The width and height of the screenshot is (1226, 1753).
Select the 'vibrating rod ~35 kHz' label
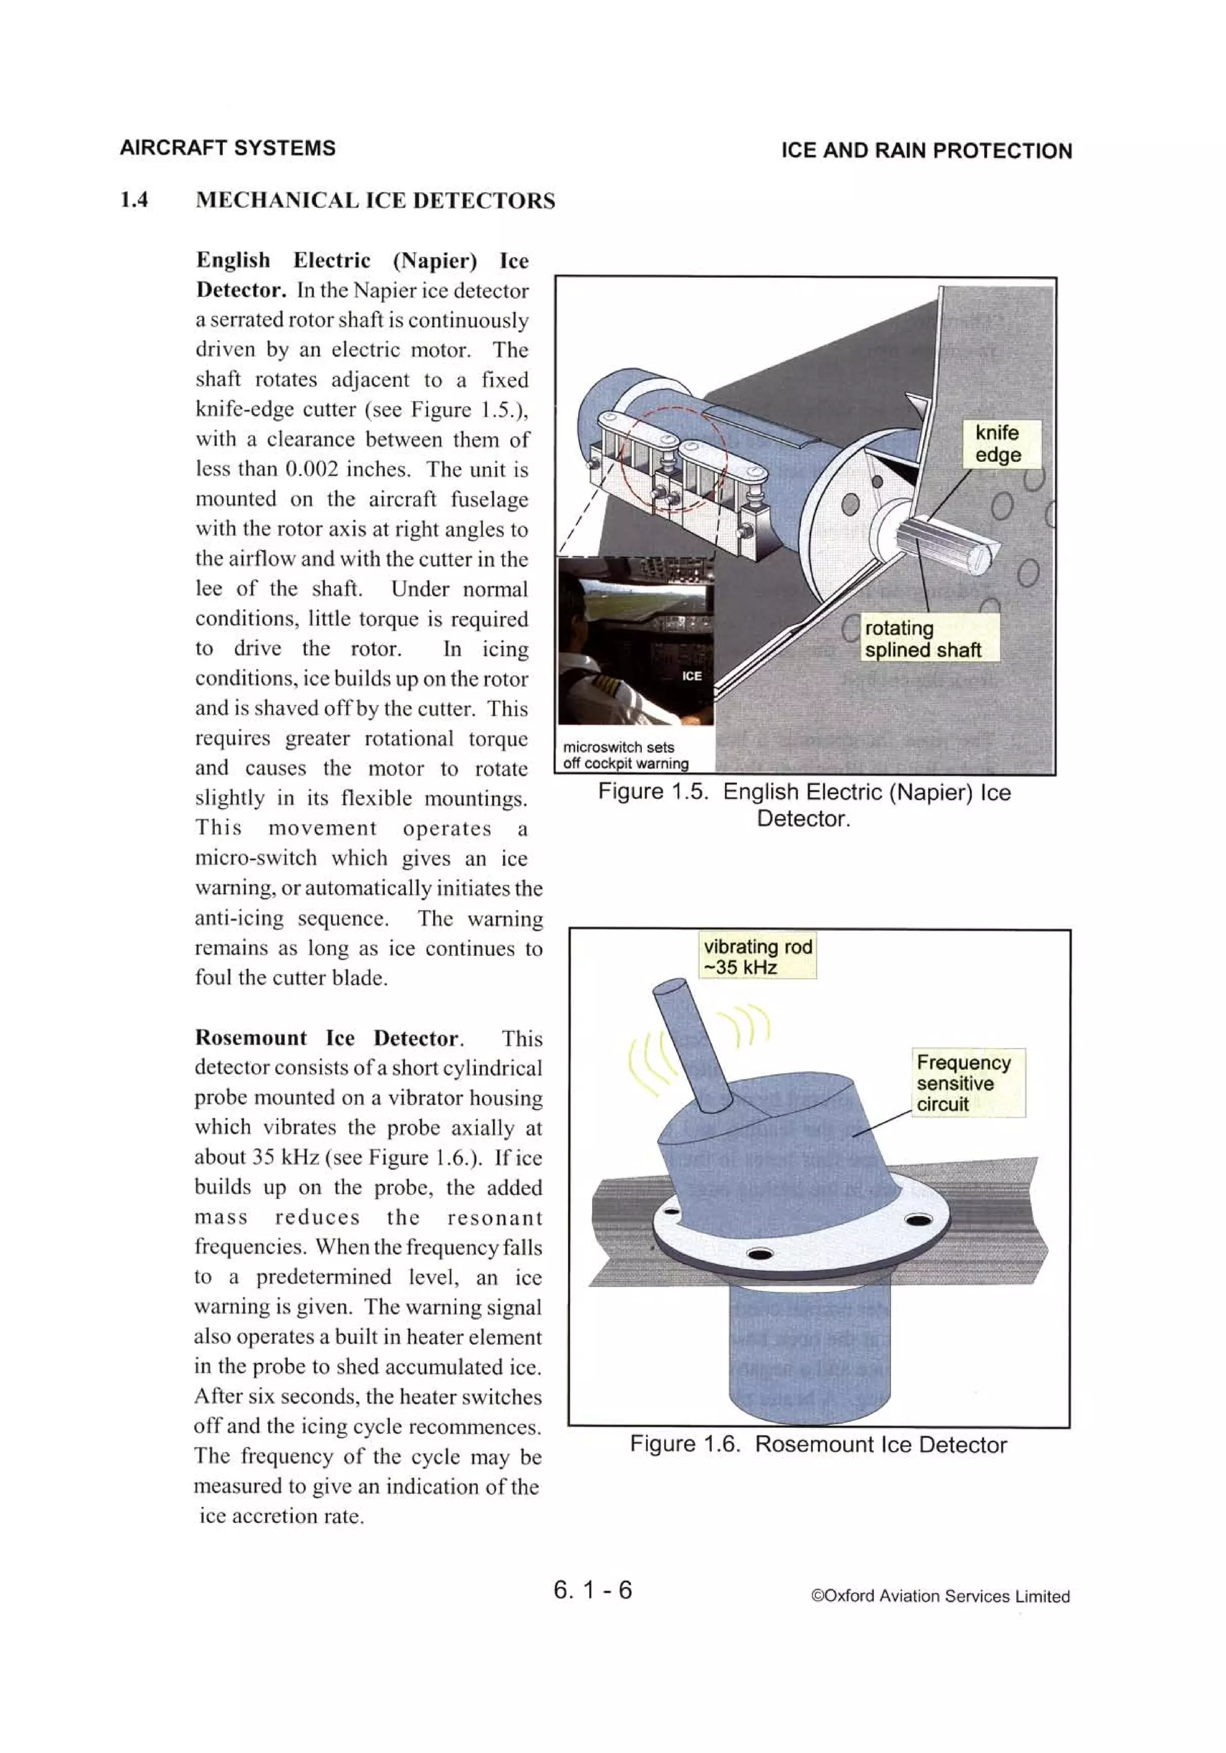(758, 956)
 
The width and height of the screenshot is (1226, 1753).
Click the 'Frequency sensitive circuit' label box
(966, 1083)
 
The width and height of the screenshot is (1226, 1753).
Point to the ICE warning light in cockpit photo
(691, 676)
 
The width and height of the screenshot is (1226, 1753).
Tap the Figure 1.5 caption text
(804, 805)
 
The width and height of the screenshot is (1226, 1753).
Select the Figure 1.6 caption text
(818, 1445)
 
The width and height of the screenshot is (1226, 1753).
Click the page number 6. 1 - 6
(593, 1589)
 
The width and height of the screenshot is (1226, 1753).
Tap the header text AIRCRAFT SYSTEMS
(227, 148)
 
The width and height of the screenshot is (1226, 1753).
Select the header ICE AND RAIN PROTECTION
(926, 150)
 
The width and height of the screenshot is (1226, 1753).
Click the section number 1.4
(133, 200)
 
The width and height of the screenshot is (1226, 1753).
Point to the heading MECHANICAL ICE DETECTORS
(375, 201)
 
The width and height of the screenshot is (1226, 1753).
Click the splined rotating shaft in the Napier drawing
(946, 541)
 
